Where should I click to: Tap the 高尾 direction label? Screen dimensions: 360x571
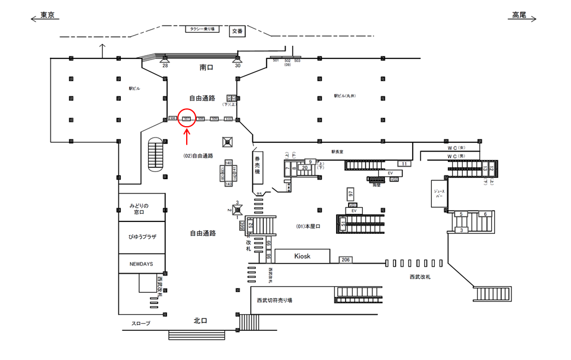coord(516,15)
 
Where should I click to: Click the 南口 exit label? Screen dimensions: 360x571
coord(206,68)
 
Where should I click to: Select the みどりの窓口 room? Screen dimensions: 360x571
coord(142,208)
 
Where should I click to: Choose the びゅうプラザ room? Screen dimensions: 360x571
coord(142,237)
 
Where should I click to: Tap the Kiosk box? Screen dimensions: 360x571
coord(302,256)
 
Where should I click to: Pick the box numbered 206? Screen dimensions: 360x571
coord(346,260)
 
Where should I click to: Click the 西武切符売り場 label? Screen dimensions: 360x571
coord(274,300)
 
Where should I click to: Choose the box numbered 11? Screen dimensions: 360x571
coord(405,164)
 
